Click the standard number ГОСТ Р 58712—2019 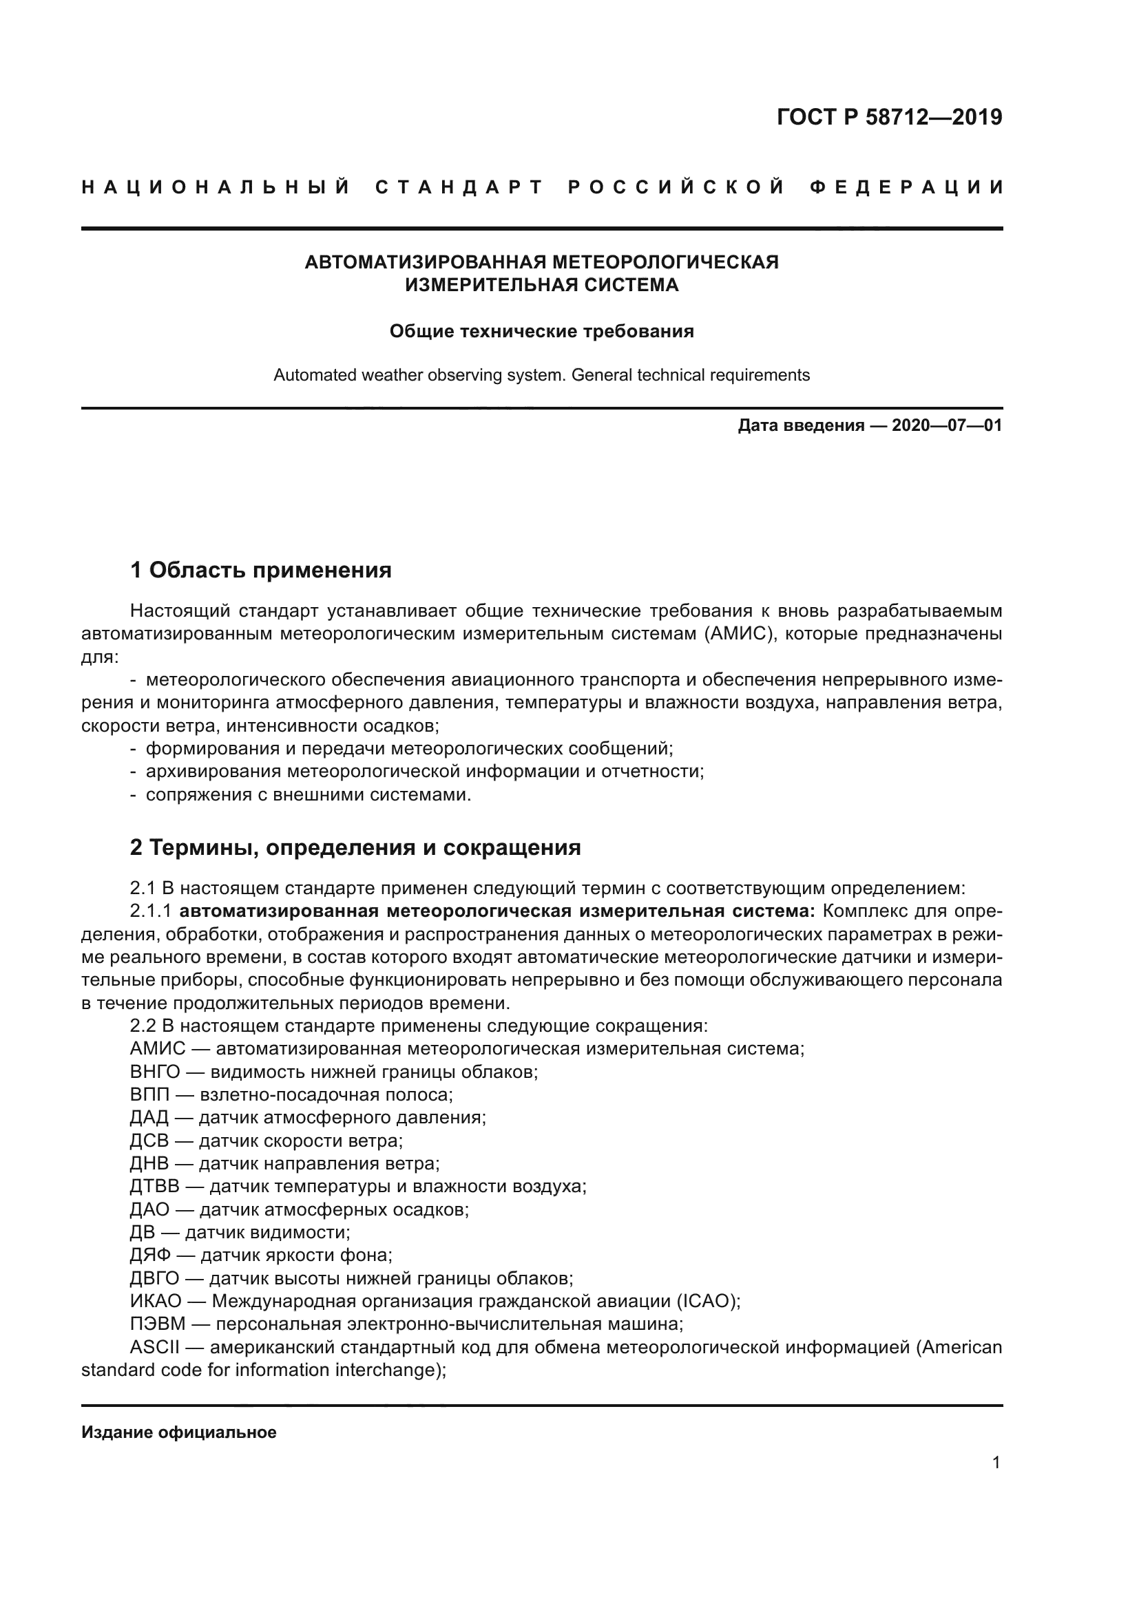[889, 117]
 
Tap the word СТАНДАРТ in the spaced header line [459, 187]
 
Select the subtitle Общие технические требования [541, 331]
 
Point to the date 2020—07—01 [946, 425]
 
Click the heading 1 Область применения [261, 570]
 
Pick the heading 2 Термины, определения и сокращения [355, 848]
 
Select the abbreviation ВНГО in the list [154, 1072]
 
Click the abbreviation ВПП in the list [149, 1095]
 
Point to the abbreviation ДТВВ [154, 1187]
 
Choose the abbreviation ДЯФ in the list [150, 1256]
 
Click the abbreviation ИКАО [156, 1302]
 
